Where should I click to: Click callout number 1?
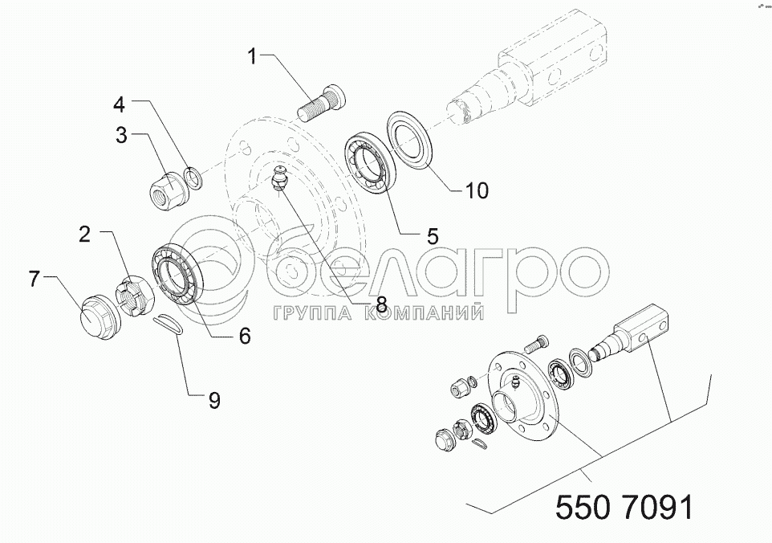click(x=252, y=57)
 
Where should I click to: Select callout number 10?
click(x=476, y=190)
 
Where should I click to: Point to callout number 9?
click(x=214, y=400)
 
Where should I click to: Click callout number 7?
click(x=34, y=279)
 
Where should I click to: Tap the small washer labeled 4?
click(x=193, y=178)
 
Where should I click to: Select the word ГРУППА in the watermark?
click(x=311, y=313)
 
